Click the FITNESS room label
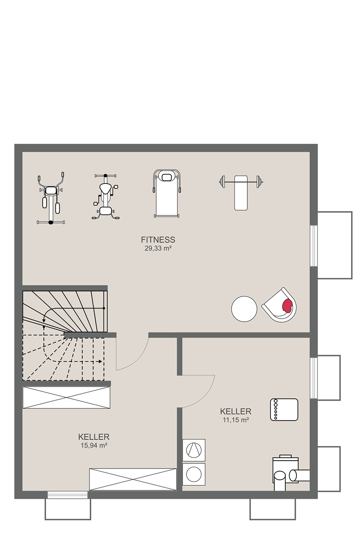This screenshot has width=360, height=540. [x=158, y=240]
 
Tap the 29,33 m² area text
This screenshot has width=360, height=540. [x=158, y=249]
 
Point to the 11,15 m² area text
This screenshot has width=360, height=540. [x=236, y=420]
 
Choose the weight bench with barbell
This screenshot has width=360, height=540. [x=241, y=193]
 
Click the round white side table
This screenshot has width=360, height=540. [x=244, y=309]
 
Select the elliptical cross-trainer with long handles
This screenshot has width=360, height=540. [x=51, y=198]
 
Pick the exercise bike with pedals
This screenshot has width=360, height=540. [x=106, y=196]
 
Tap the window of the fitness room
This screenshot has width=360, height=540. [x=313, y=245]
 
